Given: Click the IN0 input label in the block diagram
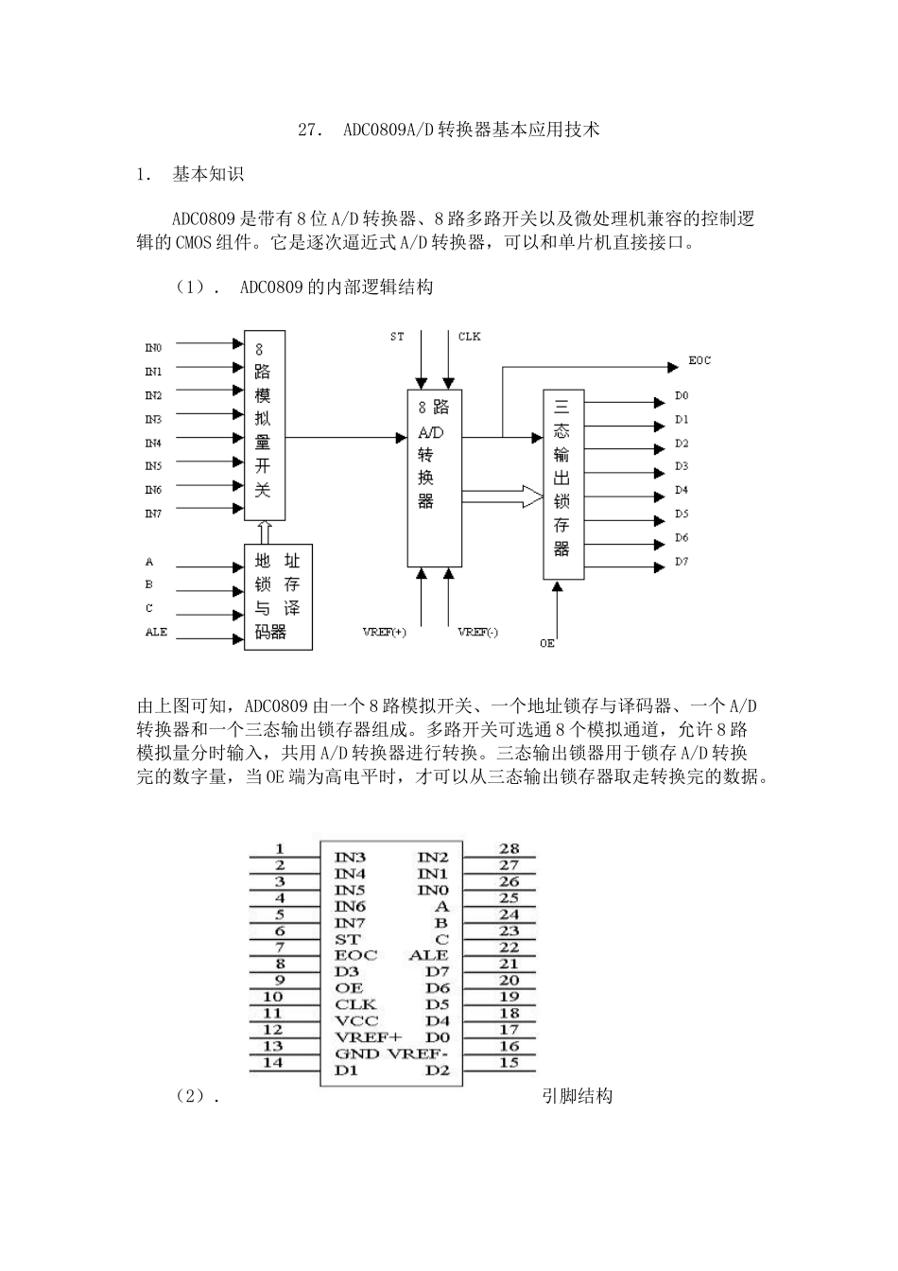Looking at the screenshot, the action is (152, 348).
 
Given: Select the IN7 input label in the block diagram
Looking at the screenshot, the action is (152, 514).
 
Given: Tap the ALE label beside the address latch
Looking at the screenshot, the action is (156, 632).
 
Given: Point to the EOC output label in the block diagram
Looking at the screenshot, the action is (699, 360).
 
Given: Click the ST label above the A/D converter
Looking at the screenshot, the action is (397, 336).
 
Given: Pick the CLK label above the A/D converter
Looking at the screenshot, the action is (469, 336).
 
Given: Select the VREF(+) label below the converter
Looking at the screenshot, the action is (385, 632).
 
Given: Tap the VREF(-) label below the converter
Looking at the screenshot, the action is (477, 632).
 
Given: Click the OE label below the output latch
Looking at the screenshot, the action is (547, 643).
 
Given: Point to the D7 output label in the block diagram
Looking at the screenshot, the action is (682, 562).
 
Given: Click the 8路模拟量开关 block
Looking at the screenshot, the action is (264, 425).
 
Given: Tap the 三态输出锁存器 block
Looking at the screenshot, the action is (562, 483).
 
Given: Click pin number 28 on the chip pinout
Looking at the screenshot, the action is (509, 848).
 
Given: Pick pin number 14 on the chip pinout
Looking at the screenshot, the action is (272, 1062).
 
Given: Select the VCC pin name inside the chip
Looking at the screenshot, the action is (356, 1020).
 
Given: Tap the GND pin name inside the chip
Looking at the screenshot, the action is (356, 1053).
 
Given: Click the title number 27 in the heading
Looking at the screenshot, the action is (307, 131).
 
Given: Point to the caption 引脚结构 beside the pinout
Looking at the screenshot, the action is (578, 1095).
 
